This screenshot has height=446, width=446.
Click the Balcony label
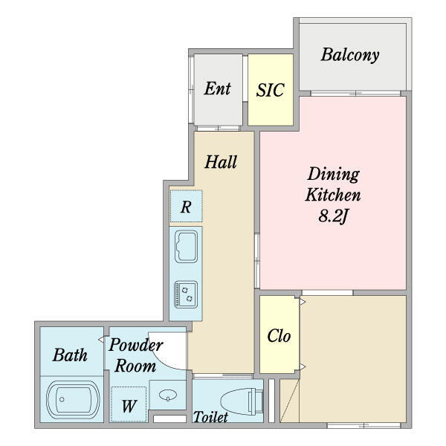[x=350, y=55]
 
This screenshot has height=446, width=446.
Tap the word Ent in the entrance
[x=217, y=88]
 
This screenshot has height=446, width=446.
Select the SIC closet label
[x=270, y=90]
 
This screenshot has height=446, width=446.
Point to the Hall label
[x=221, y=162]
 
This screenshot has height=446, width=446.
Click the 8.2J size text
[x=333, y=216]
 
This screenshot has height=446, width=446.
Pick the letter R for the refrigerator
[x=186, y=207]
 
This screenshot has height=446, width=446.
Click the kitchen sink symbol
[x=186, y=246]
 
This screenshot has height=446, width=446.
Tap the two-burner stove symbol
[x=186, y=294]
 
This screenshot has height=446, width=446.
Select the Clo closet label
[x=279, y=336]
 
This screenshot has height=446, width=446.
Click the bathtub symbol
[x=73, y=399]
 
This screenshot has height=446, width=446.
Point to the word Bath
[x=70, y=355]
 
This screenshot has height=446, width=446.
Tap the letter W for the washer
[x=129, y=406]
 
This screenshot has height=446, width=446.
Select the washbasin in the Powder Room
[x=168, y=395]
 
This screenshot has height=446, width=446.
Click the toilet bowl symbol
[x=242, y=401]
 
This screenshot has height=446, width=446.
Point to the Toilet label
[x=210, y=417]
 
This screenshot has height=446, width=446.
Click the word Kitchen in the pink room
[x=333, y=195]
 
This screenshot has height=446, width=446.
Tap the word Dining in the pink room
[x=333, y=175]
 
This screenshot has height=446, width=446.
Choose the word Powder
[x=136, y=345]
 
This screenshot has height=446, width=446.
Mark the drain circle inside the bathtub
[x=62, y=399]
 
